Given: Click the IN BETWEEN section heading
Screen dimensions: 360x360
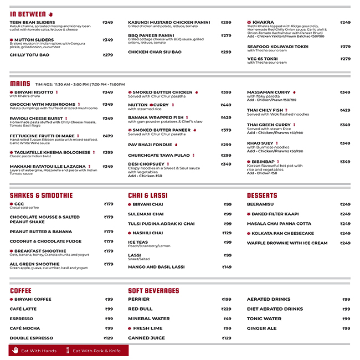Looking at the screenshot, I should coord(28,14).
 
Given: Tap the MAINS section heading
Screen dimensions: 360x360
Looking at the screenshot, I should coord(20,84).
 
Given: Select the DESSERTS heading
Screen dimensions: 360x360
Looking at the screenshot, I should coord(262,196).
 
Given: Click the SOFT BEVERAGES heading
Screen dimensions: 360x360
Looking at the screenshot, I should coord(153,291).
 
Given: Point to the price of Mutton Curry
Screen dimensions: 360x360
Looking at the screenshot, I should coord(226,105).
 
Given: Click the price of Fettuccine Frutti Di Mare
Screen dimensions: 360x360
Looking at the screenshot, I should coord(107,136).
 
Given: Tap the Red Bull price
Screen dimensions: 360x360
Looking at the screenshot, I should coord(226,309).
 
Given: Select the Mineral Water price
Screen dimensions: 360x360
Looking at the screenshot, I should coord(227,318).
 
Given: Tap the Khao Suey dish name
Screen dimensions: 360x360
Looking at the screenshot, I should coord(260,143).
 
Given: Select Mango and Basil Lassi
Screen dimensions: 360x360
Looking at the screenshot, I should coord(156,267).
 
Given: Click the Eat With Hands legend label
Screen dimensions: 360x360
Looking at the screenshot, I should coord(39,351).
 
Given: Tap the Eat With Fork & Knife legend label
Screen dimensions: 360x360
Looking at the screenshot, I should coord(96,351).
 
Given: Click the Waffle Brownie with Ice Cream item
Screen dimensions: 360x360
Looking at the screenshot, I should coord(287,243).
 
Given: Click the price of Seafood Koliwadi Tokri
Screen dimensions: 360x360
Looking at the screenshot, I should coord(345,47).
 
